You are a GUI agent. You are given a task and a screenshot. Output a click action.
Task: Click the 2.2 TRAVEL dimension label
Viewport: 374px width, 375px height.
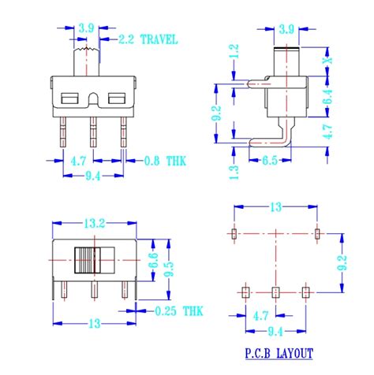coord(148,39)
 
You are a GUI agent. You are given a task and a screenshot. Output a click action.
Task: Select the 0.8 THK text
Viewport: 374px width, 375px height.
coord(165,161)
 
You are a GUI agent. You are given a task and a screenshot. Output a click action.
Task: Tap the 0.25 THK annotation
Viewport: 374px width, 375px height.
coord(179,311)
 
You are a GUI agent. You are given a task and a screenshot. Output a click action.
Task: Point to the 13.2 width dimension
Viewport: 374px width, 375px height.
coord(95,224)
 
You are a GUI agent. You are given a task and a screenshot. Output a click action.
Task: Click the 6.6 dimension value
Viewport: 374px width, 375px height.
coord(153,260)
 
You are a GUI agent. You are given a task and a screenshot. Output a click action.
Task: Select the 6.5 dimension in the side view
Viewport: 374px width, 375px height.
coord(270,160)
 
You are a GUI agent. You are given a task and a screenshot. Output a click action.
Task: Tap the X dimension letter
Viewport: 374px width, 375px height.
coord(328,61)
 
